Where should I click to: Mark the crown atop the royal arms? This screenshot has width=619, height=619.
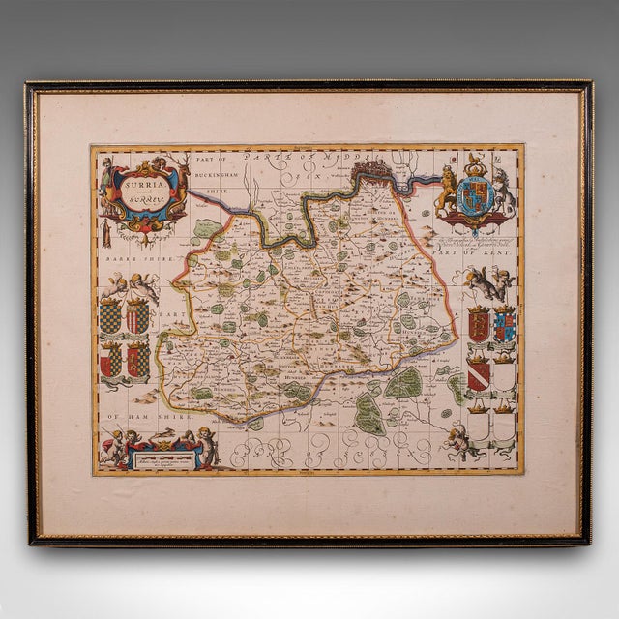(x=476, y=164)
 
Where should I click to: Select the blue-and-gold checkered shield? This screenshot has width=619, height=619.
(x=110, y=316)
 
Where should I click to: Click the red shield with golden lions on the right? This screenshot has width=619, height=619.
(x=477, y=324)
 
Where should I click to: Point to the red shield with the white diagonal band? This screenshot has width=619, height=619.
(x=478, y=369)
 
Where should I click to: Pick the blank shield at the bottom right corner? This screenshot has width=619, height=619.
(x=503, y=419)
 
